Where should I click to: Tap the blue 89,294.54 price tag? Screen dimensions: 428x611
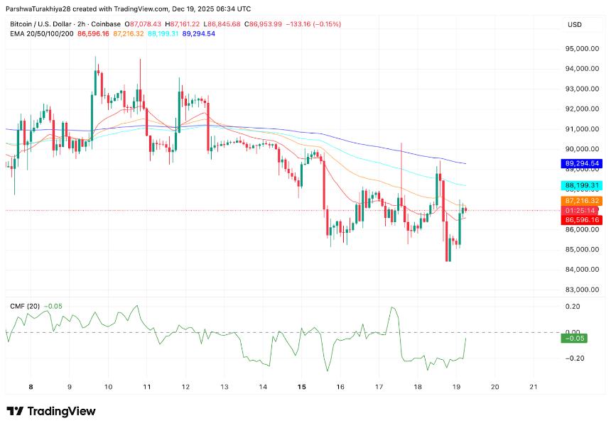pyautogui.click(x=582, y=163)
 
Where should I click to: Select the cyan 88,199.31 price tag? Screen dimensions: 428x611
pyautogui.click(x=582, y=185)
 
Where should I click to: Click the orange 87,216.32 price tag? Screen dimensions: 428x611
pyautogui.click(x=582, y=202)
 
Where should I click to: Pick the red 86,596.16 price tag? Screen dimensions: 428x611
pyautogui.click(x=582, y=220)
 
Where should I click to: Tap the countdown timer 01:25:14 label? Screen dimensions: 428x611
pyautogui.click(x=582, y=211)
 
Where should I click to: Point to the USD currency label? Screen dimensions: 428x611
pyautogui.click(x=574, y=25)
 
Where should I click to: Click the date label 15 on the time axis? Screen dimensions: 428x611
pyautogui.click(x=301, y=387)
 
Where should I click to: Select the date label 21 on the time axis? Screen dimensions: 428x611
pyautogui.click(x=534, y=387)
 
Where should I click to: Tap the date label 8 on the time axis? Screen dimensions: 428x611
pyautogui.click(x=31, y=387)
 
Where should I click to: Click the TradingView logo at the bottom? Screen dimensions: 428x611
pyautogui.click(x=50, y=412)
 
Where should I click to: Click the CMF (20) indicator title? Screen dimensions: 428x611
pyautogui.click(x=25, y=306)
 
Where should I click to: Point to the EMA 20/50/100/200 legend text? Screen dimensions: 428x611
pyautogui.click(x=41, y=33)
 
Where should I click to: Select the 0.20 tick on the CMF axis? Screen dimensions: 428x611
pyautogui.click(x=572, y=307)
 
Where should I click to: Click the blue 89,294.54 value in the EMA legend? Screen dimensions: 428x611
pyautogui.click(x=198, y=33)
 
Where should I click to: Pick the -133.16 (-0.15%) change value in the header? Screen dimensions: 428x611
pyautogui.click(x=313, y=24)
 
